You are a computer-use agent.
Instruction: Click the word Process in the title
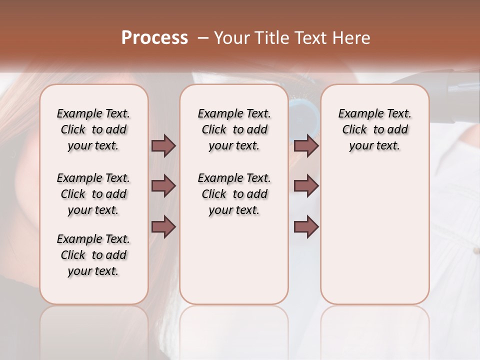(154, 38)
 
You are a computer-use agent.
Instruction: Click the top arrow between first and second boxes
(163, 146)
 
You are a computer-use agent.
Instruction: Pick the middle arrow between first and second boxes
(163, 186)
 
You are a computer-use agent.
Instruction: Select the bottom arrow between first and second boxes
(163, 227)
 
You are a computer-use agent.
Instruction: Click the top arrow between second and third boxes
(306, 146)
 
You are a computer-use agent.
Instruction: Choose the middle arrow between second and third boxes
(306, 186)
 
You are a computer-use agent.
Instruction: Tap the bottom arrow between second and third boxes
(306, 227)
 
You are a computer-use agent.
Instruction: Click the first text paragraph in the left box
(93, 129)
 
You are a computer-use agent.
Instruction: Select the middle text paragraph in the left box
(93, 194)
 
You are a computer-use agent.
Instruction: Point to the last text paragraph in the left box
(93, 255)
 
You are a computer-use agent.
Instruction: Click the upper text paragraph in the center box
(234, 129)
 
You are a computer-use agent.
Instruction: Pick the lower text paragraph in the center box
(234, 194)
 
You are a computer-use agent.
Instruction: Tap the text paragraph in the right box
(374, 129)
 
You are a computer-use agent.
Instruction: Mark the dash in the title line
(203, 38)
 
